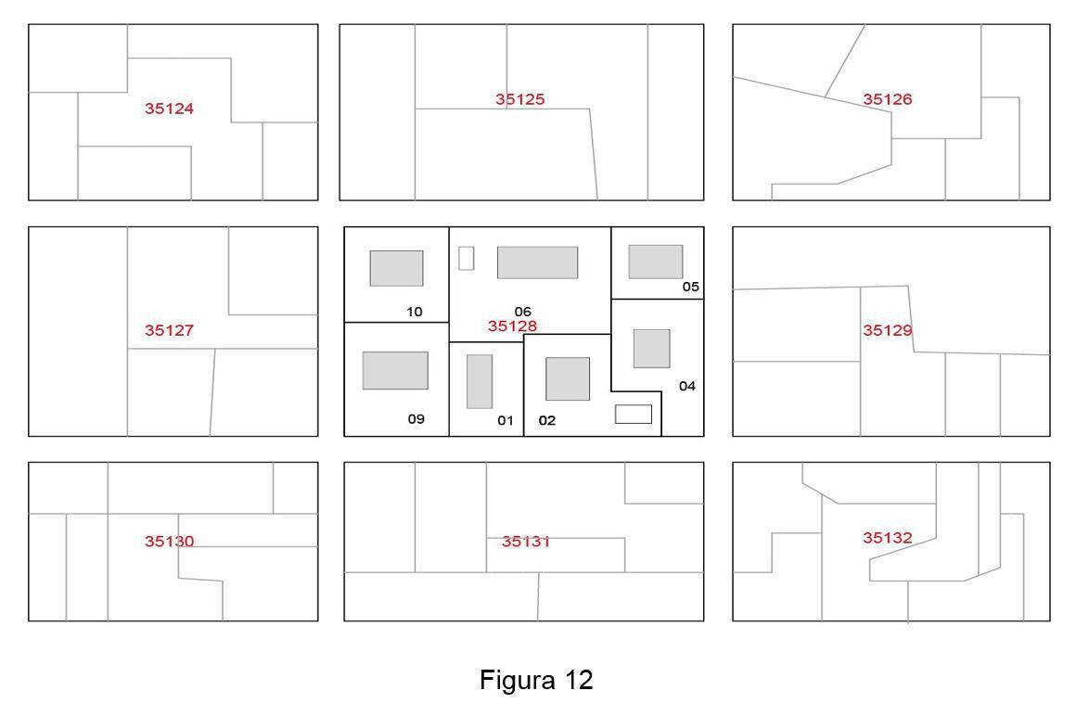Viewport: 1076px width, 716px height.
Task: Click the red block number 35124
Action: (x=169, y=109)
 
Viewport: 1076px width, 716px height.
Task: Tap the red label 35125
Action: (x=520, y=99)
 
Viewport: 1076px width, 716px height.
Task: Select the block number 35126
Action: (x=888, y=99)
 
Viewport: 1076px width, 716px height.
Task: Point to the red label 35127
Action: (x=169, y=330)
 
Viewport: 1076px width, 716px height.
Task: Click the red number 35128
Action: (x=513, y=326)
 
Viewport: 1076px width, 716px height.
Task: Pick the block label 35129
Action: (x=888, y=330)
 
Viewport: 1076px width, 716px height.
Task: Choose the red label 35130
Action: (x=169, y=541)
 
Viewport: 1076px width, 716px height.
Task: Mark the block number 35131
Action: (x=526, y=541)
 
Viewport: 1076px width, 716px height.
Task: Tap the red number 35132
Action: (x=888, y=538)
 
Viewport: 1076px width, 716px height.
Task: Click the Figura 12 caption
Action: (x=536, y=680)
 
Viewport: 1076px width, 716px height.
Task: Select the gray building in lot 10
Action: (x=397, y=268)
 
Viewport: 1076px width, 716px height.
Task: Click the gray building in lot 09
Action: (x=395, y=370)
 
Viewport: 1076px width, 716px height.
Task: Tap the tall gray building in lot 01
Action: (x=480, y=381)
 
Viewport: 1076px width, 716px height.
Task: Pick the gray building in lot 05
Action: (x=656, y=262)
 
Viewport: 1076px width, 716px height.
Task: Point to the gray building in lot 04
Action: (x=652, y=349)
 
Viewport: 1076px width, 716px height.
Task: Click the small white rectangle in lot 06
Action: (x=466, y=258)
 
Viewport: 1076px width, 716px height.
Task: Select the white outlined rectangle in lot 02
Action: (x=634, y=415)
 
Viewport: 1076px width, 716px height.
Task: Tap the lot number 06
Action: (x=523, y=312)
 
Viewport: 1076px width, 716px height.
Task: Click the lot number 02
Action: (x=547, y=420)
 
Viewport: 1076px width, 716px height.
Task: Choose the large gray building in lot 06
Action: (x=537, y=262)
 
